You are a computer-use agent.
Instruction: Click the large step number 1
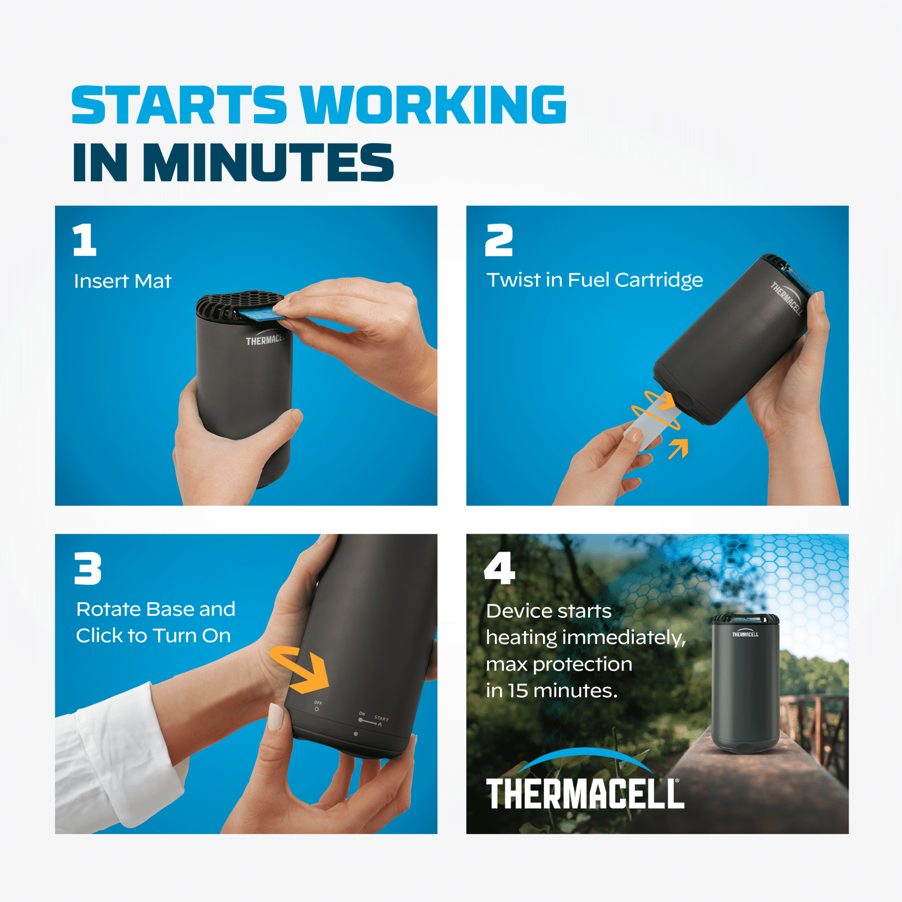click(x=85, y=240)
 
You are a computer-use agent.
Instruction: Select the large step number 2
click(x=499, y=240)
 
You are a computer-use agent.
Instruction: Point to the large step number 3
click(x=88, y=568)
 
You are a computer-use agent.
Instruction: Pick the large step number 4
click(x=499, y=568)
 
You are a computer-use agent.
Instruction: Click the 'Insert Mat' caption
click(x=123, y=281)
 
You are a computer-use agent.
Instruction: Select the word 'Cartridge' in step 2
click(x=658, y=280)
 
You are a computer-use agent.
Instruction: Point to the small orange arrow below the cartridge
click(x=678, y=448)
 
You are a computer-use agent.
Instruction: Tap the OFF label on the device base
click(x=318, y=702)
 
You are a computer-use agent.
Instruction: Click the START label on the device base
click(x=381, y=718)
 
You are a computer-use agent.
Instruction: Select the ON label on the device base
click(x=362, y=714)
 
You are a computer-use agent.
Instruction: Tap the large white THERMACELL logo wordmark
click(x=585, y=793)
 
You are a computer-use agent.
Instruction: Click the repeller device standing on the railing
click(x=745, y=683)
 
